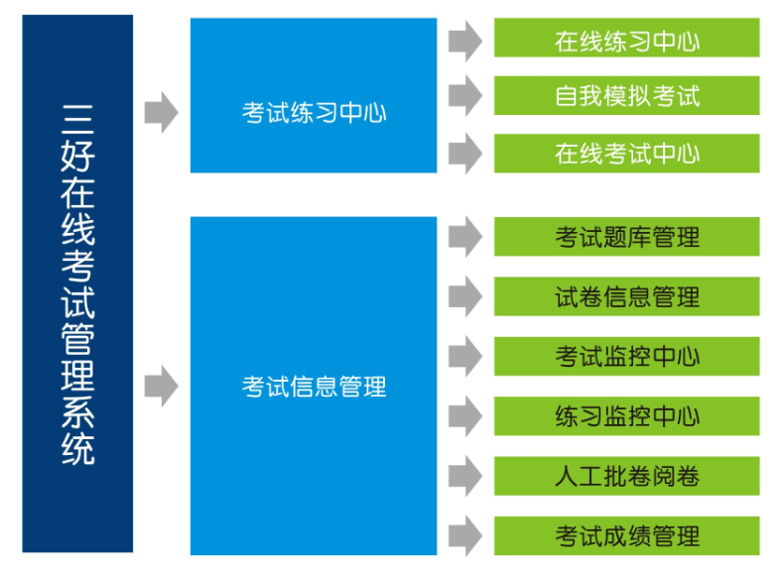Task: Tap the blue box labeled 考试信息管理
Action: coord(314,386)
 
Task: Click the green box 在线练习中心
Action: coord(626,40)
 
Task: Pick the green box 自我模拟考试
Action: coord(626,96)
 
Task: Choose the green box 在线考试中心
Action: coord(626,154)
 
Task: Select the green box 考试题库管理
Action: coord(626,238)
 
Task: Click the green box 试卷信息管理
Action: coord(626,297)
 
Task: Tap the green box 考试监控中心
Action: coord(626,357)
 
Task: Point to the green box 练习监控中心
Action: coord(626,416)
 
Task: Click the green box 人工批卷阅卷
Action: coord(626,477)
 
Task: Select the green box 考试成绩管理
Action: coord(626,536)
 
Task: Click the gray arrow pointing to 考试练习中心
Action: coord(161,111)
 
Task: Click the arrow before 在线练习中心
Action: coord(464,41)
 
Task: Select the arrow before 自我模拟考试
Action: coord(464,97)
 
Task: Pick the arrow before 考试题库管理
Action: coord(464,238)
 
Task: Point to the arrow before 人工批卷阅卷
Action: coord(464,477)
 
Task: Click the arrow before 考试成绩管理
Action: coord(464,536)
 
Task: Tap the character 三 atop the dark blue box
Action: coord(77,118)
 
